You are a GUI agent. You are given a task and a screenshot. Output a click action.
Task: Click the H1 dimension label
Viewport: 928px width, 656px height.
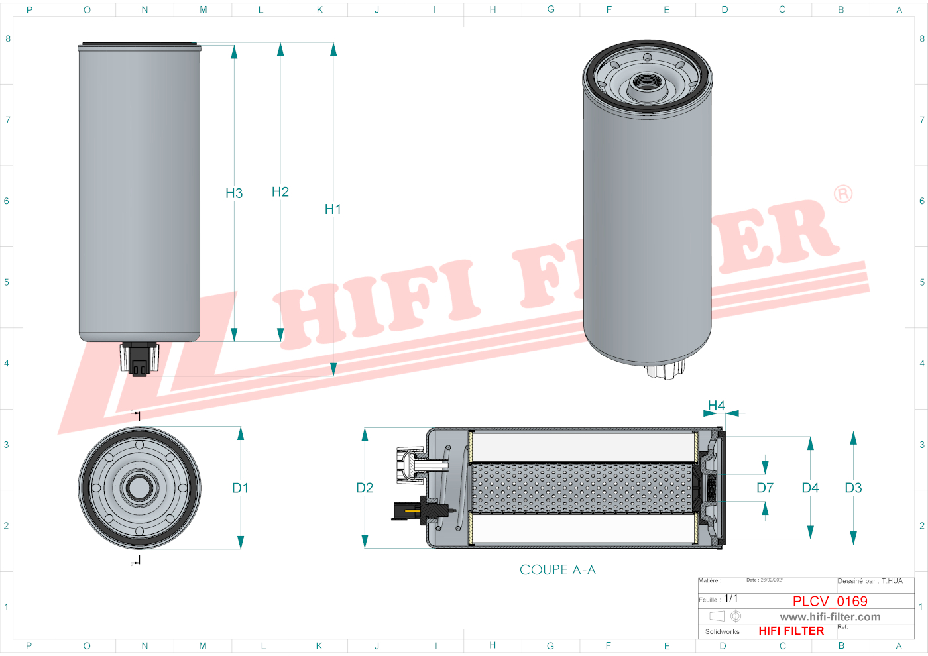point(333,209)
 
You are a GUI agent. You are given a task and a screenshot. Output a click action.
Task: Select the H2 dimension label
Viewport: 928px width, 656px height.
point(280,192)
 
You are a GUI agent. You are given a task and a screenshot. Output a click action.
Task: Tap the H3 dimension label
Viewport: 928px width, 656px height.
point(234,193)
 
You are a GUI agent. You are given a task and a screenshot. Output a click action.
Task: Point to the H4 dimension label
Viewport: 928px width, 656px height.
point(716,406)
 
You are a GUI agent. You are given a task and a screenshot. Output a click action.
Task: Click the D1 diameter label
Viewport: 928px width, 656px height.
point(240,488)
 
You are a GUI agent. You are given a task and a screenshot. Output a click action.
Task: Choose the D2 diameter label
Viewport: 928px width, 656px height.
point(365,488)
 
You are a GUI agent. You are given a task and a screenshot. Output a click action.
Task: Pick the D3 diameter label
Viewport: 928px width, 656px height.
point(853,488)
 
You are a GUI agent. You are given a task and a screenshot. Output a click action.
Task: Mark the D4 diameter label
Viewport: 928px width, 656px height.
point(810,488)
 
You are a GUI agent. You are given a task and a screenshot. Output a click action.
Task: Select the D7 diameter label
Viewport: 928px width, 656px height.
point(765,488)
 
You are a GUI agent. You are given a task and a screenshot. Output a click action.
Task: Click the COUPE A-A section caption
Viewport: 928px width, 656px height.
point(557,570)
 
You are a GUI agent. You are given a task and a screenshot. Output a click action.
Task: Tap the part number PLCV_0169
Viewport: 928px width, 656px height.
point(830,601)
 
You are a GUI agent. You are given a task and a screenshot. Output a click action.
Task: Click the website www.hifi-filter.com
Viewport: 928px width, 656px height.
point(830,617)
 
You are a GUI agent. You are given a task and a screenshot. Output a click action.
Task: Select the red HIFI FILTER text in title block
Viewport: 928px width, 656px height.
point(791,631)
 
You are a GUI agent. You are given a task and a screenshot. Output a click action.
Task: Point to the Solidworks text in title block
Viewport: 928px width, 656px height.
point(722,632)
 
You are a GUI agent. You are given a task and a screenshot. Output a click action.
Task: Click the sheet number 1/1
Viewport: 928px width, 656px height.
point(730,598)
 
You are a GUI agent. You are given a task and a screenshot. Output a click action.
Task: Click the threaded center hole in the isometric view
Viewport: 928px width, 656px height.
point(643,83)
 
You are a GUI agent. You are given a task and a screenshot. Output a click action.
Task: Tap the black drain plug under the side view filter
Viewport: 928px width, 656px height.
point(139,361)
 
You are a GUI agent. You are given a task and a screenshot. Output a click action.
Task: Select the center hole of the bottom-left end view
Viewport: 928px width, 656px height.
point(139,488)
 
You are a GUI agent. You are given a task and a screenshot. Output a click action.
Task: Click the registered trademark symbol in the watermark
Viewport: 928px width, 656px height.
point(842,194)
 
